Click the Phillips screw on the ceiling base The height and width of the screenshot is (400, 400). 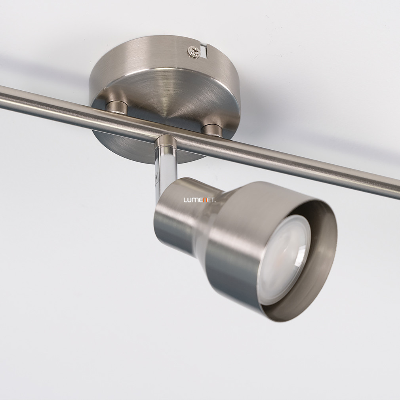194,52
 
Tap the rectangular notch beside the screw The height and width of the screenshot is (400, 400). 204,51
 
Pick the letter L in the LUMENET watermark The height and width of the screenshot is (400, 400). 185,200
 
